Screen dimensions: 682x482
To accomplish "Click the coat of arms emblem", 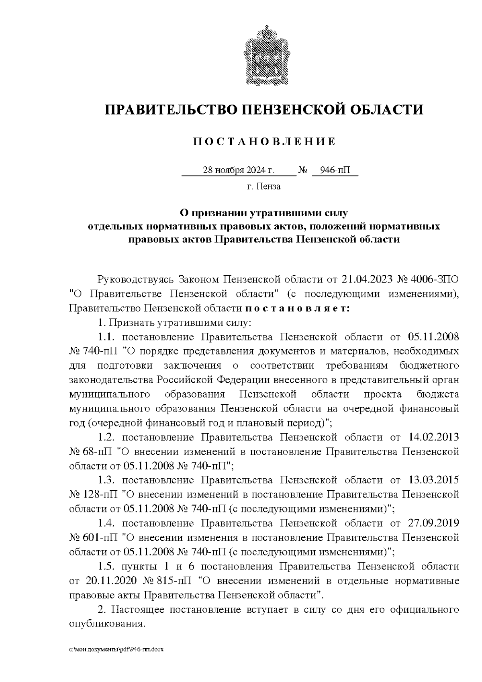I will (264, 55).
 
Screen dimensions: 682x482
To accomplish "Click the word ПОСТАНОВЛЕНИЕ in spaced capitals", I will (264, 141).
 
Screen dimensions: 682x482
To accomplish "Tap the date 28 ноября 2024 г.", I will (239, 170).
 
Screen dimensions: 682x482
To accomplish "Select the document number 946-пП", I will (335, 170).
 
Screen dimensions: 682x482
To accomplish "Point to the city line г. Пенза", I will (264, 186).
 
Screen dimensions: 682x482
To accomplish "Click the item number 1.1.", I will (107, 337).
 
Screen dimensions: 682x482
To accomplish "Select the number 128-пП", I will (100, 495).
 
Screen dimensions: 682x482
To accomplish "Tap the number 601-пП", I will (100, 538).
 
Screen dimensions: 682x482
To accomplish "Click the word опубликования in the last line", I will (106, 624).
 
